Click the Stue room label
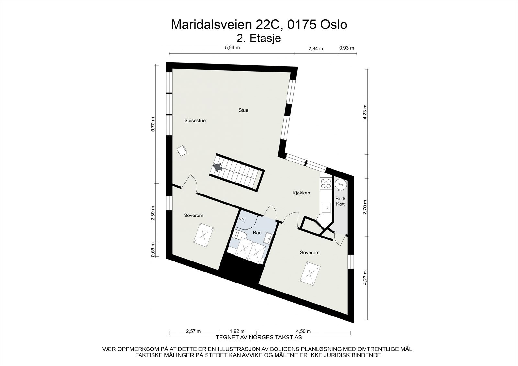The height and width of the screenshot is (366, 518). click(243, 110)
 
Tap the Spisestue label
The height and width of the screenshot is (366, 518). click(195, 121)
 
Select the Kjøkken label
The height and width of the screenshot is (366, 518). click(301, 193)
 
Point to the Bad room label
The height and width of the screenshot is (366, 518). click(257, 233)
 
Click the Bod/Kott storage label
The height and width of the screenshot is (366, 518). click(340, 201)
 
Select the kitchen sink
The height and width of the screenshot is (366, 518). click(326, 207)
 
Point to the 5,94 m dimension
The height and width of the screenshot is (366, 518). click(232, 48)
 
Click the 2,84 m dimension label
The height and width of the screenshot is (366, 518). click(316, 49)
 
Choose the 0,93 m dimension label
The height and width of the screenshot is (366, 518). click(346, 48)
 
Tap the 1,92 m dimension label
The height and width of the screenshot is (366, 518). click(237, 331)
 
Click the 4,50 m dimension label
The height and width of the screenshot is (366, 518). click(303, 331)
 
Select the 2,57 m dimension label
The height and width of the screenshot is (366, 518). click(193, 331)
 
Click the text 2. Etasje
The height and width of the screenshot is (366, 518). click(259, 38)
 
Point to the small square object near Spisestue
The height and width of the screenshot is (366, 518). click(182, 150)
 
